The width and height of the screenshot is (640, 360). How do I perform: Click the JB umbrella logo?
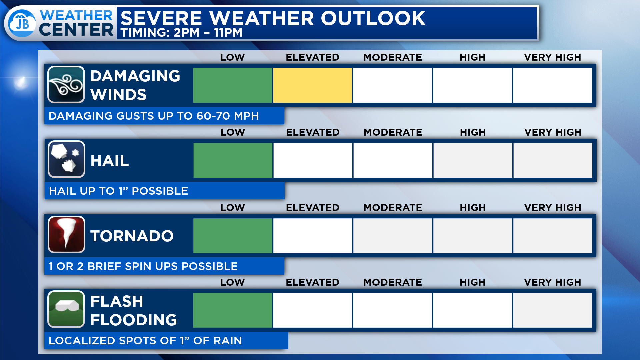tap(22, 23)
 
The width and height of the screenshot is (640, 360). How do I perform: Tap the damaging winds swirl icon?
tap(66, 85)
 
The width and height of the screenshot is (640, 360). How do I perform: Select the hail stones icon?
tap(66, 159)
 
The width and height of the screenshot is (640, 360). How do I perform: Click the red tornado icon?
tap(66, 234)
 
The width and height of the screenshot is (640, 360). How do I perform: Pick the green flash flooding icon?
tap(66, 309)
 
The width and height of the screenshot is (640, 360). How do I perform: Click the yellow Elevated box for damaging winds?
tap(312, 85)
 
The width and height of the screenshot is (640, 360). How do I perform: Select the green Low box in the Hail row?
tap(233, 160)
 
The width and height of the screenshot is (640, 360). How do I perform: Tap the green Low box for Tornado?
tap(233, 236)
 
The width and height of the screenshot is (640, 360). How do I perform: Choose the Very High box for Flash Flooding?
tap(552, 310)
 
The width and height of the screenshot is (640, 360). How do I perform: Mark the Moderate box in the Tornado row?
tap(393, 236)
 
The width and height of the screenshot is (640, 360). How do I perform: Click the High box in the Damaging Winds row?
tap(472, 85)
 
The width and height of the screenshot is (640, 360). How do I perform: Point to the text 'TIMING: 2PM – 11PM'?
tap(181, 33)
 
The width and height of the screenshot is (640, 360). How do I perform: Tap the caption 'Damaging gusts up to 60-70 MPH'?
tap(154, 116)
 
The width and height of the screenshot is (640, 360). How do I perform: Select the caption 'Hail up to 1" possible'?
tap(118, 191)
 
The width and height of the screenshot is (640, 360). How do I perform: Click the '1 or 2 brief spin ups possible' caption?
tap(143, 266)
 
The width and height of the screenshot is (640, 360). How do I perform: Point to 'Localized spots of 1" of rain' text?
tap(145, 341)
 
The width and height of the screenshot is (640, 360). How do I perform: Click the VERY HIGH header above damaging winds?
tap(552, 57)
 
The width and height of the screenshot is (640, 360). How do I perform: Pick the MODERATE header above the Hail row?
tap(393, 132)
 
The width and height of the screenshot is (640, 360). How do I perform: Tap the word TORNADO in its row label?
tap(132, 236)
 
